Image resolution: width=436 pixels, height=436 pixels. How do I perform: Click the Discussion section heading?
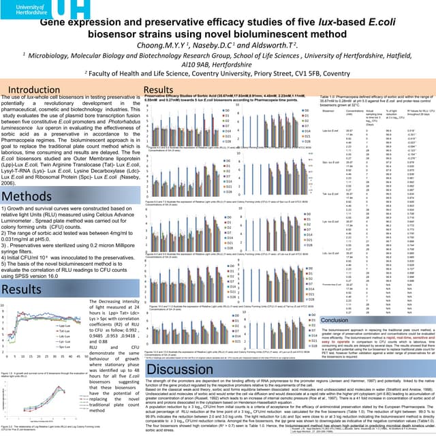pos(188,369)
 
